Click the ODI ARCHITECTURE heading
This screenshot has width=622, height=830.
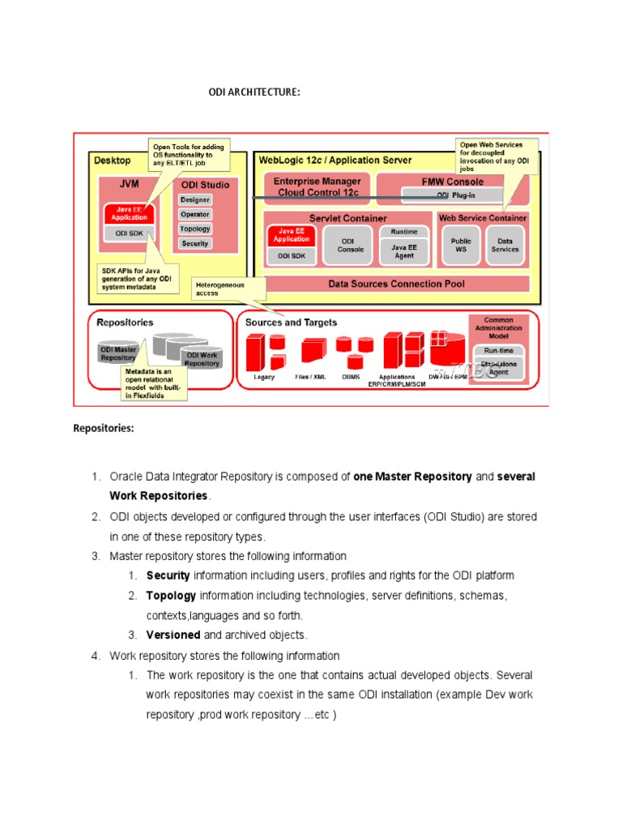[x=254, y=92]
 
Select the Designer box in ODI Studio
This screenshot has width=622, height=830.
[x=195, y=199]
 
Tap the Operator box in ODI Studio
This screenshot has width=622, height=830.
[x=195, y=214]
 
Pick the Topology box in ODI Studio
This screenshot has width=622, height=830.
[x=195, y=229]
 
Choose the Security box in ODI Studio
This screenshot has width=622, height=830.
[x=195, y=243]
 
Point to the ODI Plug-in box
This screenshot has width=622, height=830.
[x=455, y=195]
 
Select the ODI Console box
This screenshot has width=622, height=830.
[x=351, y=245]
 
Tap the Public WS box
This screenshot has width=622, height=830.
[x=461, y=245]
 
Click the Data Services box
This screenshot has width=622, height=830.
[x=505, y=245]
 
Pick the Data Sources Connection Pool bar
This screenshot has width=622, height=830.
[x=396, y=284]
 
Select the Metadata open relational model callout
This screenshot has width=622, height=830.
[x=154, y=383]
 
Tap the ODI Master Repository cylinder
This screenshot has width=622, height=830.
[x=118, y=351]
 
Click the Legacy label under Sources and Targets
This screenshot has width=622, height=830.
[x=264, y=377]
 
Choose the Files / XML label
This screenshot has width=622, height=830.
[x=311, y=377]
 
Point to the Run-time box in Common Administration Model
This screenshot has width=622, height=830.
[x=499, y=350]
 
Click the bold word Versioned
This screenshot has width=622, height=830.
[x=173, y=635]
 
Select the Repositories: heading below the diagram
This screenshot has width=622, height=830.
[x=104, y=428]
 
